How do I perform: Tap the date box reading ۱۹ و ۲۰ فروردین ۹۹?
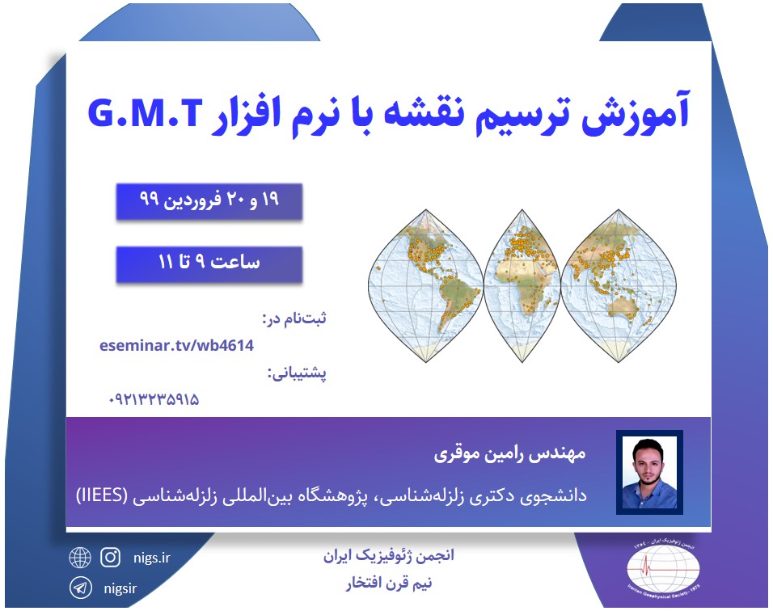tap(209, 201)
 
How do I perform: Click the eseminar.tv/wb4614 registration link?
tap(177, 346)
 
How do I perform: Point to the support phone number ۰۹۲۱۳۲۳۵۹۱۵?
tap(154, 399)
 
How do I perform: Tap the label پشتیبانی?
tap(296, 373)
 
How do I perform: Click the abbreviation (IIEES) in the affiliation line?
tap(107, 494)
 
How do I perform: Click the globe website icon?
tap(80, 558)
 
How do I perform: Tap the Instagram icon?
tap(110, 557)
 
